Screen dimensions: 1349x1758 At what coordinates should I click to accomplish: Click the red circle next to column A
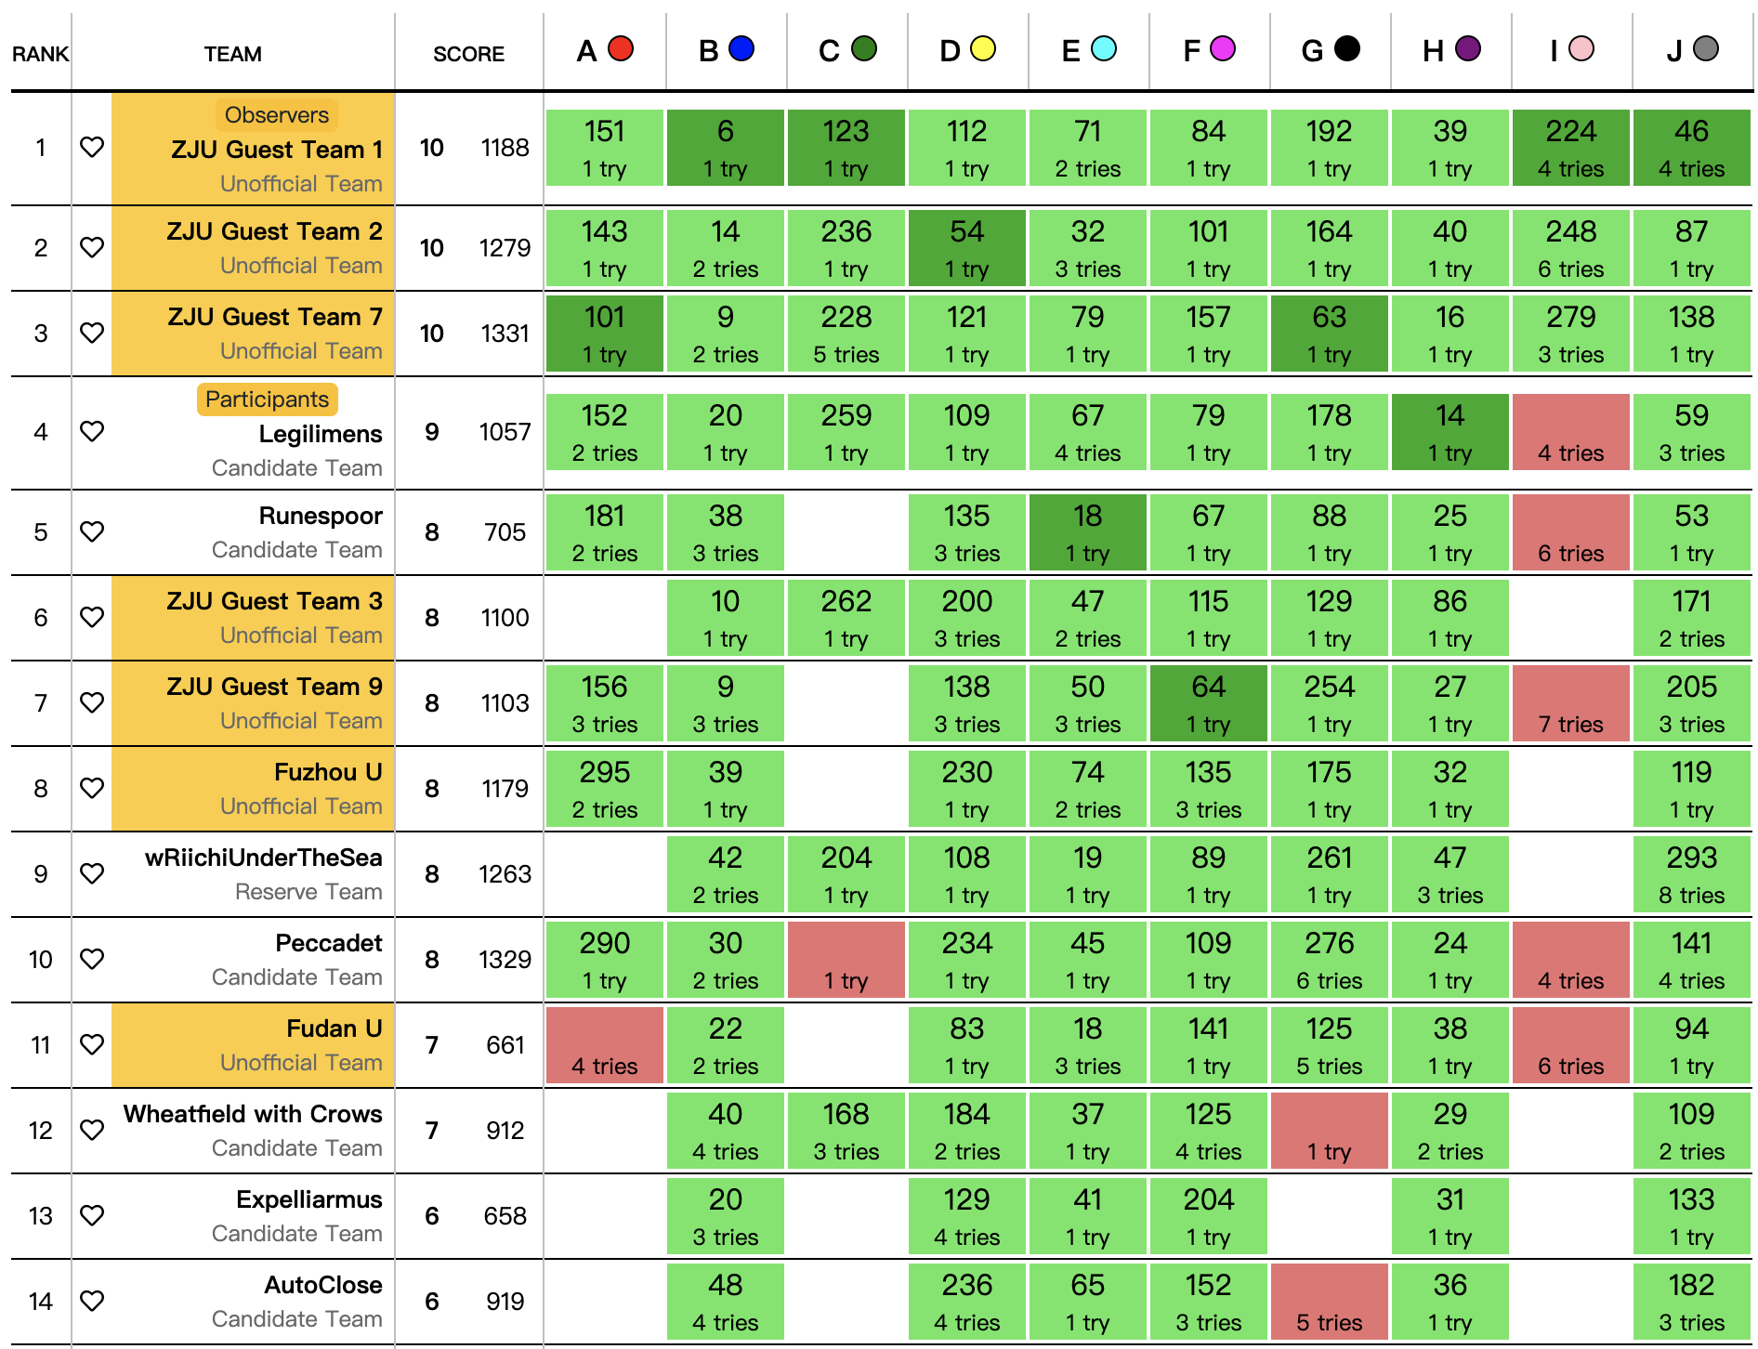[621, 49]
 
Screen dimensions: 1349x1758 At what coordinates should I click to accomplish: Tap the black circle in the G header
[1346, 49]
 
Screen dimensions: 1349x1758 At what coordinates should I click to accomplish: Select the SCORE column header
[468, 54]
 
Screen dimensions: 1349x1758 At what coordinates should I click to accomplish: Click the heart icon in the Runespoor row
[92, 531]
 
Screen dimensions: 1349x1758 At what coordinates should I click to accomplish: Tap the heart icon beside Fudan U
[92, 1044]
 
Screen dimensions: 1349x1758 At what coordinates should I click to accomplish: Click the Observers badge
[277, 115]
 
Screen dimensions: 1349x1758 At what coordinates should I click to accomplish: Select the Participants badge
[267, 399]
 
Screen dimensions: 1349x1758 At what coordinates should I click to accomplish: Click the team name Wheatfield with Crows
[253, 1114]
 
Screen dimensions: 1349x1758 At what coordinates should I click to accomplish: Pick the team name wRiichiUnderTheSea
[263, 858]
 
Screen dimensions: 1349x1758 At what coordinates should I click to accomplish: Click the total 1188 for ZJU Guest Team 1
[505, 148]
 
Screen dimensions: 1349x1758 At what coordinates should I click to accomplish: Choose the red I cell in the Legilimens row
[1570, 432]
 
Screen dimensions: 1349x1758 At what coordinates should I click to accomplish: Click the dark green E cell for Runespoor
[1087, 532]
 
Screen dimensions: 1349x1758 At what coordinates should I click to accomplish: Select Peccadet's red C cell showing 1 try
[846, 960]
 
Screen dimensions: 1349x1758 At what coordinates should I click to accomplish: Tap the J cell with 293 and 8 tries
[1691, 874]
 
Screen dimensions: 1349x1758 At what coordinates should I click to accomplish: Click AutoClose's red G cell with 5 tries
[1329, 1302]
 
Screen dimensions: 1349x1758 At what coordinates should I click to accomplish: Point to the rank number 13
[41, 1215]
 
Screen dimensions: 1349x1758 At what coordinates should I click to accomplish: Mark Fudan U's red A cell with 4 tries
[604, 1045]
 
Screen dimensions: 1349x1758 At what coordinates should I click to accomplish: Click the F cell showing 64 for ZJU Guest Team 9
[1208, 703]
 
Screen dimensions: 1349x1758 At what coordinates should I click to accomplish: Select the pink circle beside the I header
[1581, 49]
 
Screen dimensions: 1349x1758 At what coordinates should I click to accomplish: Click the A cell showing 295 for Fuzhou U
[604, 789]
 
